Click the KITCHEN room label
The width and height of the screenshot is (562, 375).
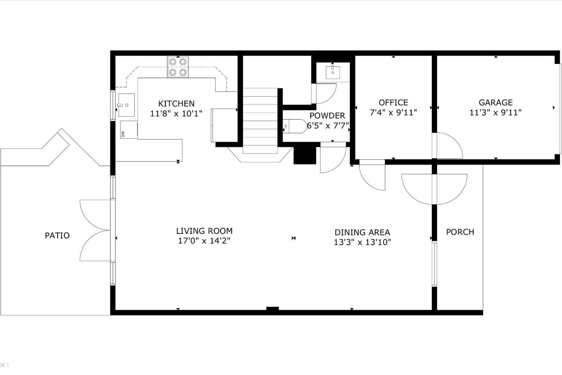tap(176, 104)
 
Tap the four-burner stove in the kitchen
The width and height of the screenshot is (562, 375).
tap(178, 67)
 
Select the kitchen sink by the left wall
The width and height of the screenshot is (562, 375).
tap(125, 104)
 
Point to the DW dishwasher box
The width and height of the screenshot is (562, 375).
tap(123, 134)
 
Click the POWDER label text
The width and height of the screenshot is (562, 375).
tap(327, 116)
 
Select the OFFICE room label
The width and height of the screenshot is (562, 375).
tap(393, 103)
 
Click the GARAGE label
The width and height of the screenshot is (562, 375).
tap(495, 103)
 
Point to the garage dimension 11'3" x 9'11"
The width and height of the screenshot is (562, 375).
tap(495, 112)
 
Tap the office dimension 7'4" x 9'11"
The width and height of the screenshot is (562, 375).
tap(393, 112)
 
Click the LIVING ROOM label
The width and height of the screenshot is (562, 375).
tap(204, 231)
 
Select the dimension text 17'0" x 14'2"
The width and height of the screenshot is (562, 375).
tap(204, 241)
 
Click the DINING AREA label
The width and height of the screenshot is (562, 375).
tap(362, 232)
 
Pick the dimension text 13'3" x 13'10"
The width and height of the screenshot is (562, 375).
tap(362, 242)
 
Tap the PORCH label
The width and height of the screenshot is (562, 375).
tap(460, 232)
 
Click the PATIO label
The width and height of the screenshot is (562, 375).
tap(57, 235)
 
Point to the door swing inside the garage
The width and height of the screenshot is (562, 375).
tap(448, 146)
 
